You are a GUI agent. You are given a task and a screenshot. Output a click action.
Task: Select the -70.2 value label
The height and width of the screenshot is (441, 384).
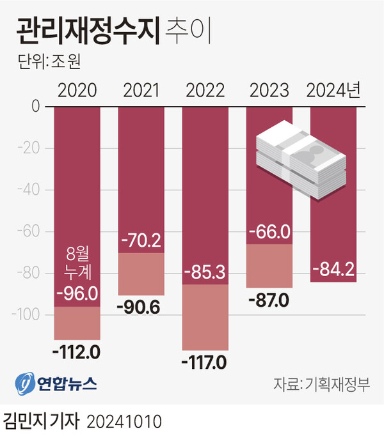141,241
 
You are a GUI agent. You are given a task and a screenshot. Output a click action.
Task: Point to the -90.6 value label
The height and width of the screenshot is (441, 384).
141,306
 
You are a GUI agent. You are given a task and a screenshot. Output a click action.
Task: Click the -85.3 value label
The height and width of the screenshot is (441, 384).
205,274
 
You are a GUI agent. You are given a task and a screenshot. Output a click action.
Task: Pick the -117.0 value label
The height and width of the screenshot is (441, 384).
205,363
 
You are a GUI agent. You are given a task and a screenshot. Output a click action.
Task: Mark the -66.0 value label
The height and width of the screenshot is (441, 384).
269,231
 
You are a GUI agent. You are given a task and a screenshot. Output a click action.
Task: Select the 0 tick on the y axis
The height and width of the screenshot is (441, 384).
35,107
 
